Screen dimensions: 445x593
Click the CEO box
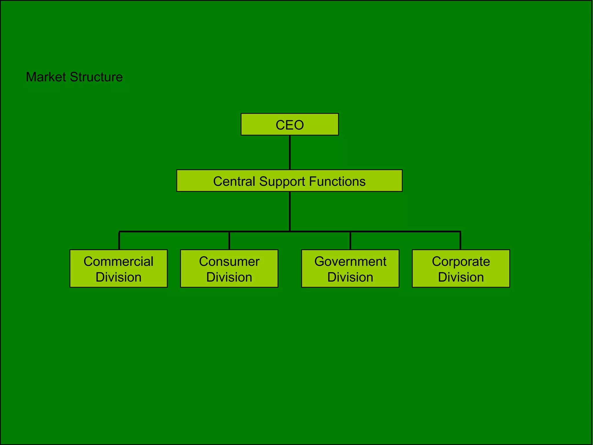290,124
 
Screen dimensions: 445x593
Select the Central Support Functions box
289,180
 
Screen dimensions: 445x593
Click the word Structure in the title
96,77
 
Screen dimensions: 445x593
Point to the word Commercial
118,261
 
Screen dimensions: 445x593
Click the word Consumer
229,261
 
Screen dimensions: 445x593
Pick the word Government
350,261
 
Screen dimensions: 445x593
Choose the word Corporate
461,261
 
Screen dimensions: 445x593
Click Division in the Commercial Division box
118,277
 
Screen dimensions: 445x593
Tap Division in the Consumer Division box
229,277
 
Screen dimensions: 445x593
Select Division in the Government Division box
350,277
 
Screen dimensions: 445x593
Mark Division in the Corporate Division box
461,277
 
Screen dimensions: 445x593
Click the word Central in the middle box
234,181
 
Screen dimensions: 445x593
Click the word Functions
337,181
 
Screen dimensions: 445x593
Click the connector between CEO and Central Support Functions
290,152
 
